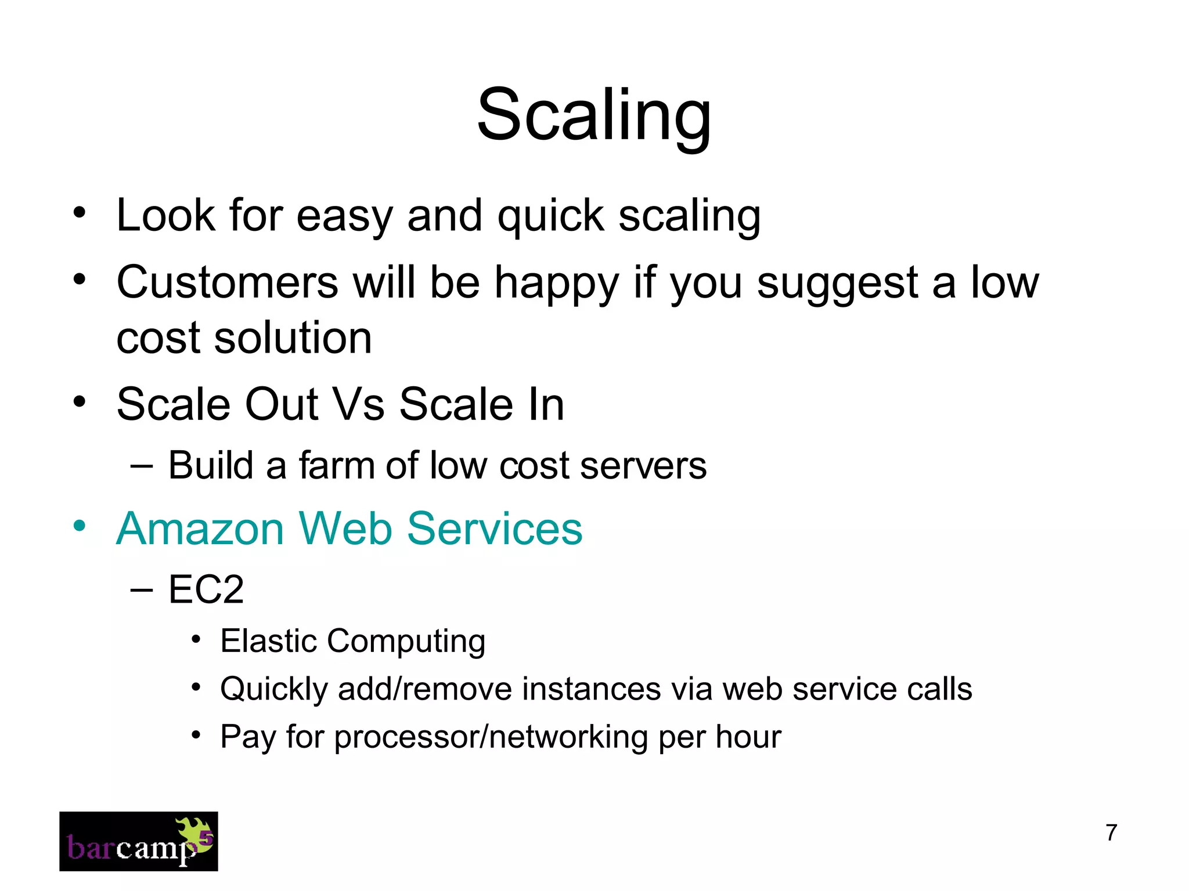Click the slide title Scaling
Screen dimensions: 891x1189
[593, 115]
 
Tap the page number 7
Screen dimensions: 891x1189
[1111, 832]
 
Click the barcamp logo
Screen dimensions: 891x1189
[138, 841]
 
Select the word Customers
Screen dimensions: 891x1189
[227, 282]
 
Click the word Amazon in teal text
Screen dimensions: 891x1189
[200, 529]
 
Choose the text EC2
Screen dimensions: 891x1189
[206, 590]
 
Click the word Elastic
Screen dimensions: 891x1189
[268, 641]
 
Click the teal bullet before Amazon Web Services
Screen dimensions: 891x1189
[80, 526]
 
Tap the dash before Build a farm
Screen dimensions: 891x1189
[142, 466]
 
